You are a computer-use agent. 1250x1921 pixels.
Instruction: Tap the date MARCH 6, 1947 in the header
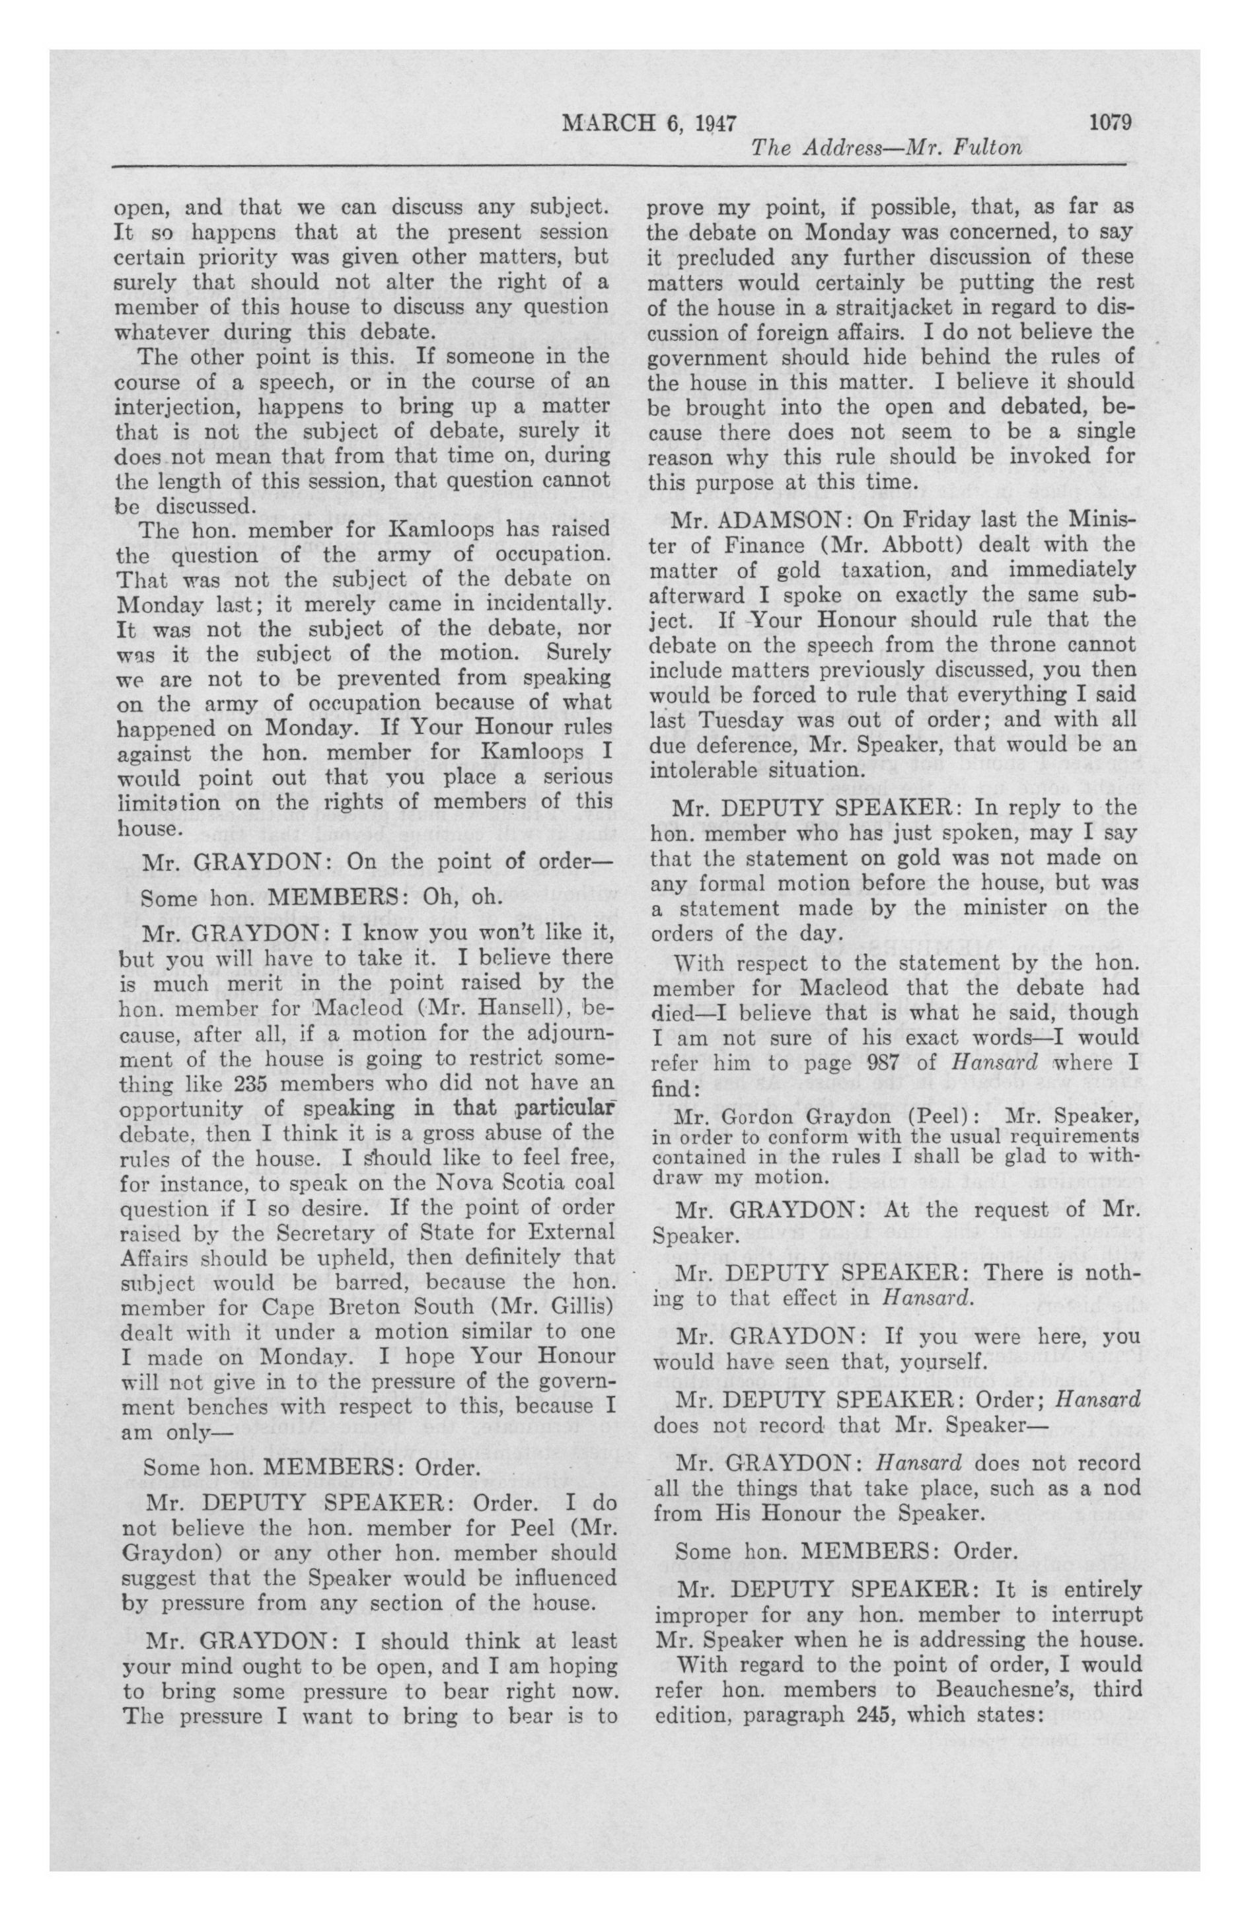pyautogui.click(x=649, y=124)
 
